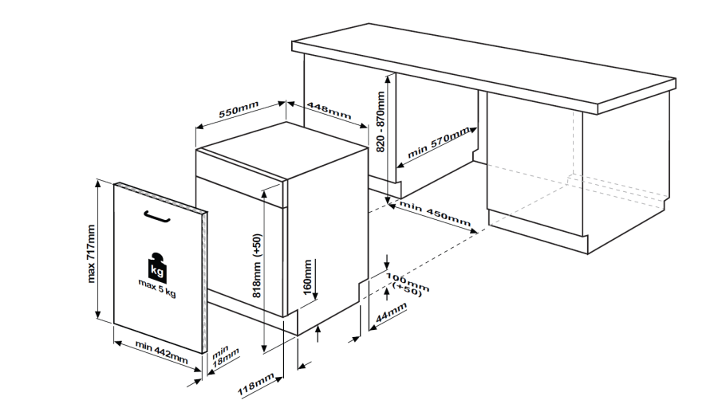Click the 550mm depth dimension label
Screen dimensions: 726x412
239,109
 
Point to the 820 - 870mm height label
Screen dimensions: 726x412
381,122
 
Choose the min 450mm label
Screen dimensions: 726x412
435,214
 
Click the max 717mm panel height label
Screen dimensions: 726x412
91,253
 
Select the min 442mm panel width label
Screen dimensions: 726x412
162,352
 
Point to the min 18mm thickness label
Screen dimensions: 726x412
224,355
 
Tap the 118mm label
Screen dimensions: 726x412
256,385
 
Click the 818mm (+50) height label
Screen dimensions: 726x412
258,265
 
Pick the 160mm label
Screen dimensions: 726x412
307,277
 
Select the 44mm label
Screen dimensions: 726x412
391,312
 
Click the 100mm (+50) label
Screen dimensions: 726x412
408,284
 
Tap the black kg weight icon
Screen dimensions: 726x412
157,267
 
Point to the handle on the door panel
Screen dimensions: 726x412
157,217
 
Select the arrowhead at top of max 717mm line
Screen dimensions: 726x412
97,182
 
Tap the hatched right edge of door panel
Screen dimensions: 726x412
205,282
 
